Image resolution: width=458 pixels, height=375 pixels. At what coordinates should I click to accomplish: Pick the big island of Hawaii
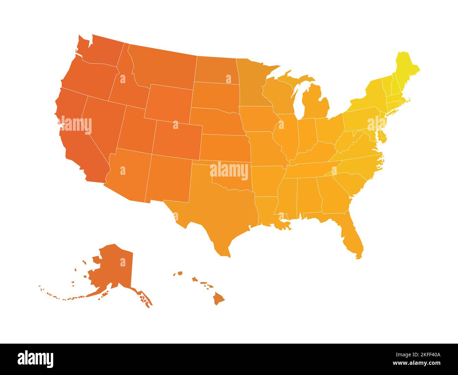(219, 299)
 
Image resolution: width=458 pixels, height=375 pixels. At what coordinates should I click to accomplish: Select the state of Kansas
(224, 148)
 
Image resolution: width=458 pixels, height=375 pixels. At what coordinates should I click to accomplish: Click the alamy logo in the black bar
(36, 359)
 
